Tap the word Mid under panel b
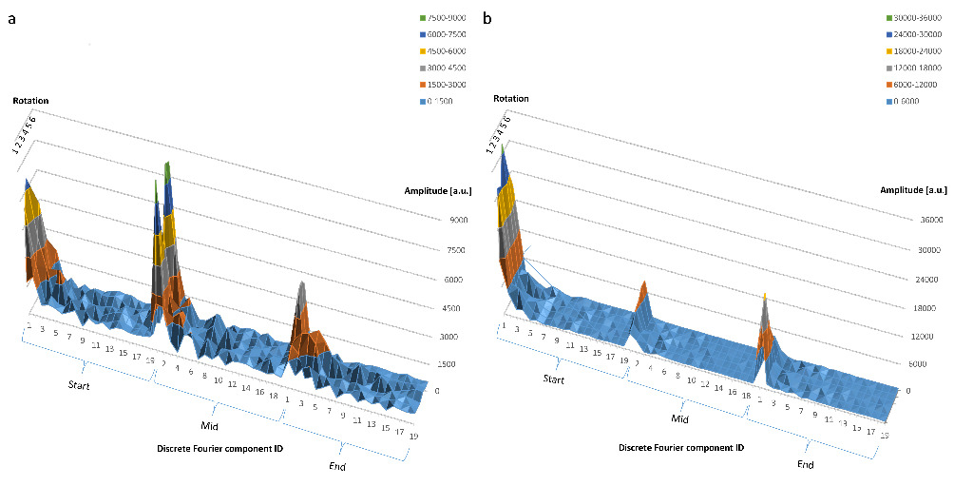tap(679, 418)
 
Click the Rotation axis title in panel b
tap(511, 98)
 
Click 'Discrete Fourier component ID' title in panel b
tap(681, 446)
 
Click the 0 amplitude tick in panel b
tap(908, 390)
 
